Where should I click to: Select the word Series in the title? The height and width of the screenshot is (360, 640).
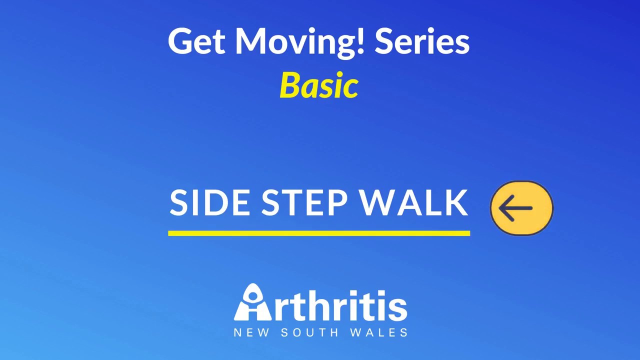pyautogui.click(x=422, y=41)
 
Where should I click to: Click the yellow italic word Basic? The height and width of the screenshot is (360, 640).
pyautogui.click(x=319, y=85)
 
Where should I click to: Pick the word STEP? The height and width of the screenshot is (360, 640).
pyautogui.click(x=304, y=203)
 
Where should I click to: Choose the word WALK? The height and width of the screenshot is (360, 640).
pyautogui.click(x=414, y=203)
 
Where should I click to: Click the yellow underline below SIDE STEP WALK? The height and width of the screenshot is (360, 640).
pyautogui.click(x=319, y=233)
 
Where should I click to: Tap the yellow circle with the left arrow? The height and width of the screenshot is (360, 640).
pyautogui.click(x=521, y=208)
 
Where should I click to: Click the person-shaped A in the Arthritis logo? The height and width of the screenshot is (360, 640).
pyautogui.click(x=253, y=303)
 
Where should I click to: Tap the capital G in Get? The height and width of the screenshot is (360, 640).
pyautogui.click(x=179, y=41)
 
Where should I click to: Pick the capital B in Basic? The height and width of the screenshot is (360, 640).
pyautogui.click(x=289, y=85)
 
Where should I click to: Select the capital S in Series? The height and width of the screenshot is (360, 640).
pyautogui.click(x=383, y=41)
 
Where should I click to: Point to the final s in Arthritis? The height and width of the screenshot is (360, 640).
pyautogui.click(x=398, y=308)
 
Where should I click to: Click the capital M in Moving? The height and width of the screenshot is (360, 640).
pyautogui.click(x=252, y=41)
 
